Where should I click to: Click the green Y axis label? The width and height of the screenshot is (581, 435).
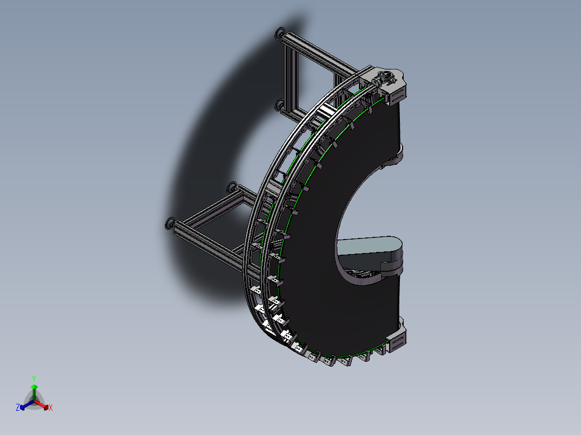point(34,378)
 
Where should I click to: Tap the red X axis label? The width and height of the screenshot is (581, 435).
point(51,408)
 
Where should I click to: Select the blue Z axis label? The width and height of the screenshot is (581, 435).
point(18,408)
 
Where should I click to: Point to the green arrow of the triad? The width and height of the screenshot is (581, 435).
point(34,390)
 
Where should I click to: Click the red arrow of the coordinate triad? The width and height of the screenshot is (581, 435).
point(44,405)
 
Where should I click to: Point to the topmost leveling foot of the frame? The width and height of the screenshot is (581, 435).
point(280,33)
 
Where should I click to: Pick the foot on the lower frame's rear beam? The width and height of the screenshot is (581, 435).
point(232,188)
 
